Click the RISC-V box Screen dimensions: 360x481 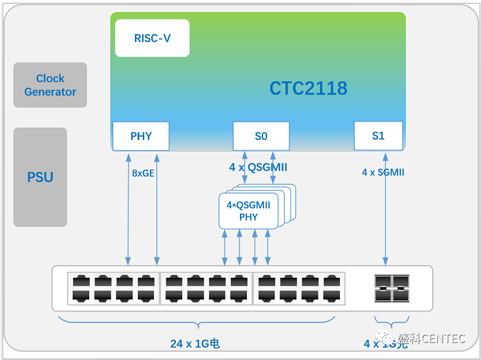[152, 38]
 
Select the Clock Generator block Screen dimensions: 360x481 [50, 85]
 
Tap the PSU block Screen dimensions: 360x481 [40, 177]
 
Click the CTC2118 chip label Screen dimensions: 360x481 [308, 88]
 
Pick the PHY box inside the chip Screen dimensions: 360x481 [141, 136]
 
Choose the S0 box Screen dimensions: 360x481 [261, 136]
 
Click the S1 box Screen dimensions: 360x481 [378, 136]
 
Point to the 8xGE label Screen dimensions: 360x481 [143, 173]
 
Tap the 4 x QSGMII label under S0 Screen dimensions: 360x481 [258, 167]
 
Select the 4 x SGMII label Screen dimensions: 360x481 [383, 173]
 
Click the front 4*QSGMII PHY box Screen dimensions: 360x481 [249, 211]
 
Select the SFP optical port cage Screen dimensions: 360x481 [392, 288]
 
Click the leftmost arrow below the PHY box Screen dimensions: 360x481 [128, 208]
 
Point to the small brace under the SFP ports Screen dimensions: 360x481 [392, 323]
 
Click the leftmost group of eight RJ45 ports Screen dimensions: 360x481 [114, 288]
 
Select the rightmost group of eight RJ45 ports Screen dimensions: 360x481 [299, 288]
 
